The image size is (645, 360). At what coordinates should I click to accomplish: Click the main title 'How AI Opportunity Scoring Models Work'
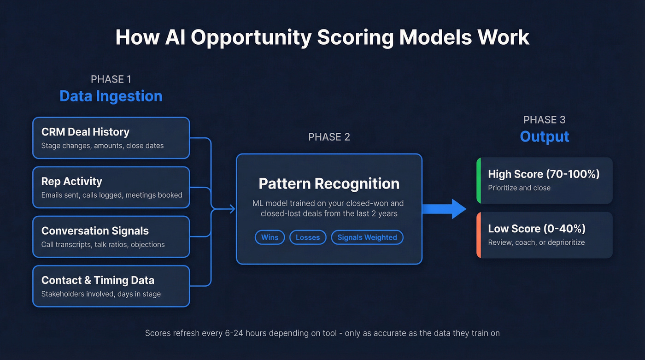click(322, 37)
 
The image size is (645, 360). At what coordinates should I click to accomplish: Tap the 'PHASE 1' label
click(111, 79)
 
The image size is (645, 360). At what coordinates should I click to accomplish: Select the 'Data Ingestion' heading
click(111, 96)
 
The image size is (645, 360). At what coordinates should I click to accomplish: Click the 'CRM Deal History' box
click(111, 138)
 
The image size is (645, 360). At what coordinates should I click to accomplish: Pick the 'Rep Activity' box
click(111, 188)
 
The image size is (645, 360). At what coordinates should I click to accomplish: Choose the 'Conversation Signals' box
click(111, 236)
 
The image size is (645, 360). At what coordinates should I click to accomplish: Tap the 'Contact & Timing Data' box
click(111, 286)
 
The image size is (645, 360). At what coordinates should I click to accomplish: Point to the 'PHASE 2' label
click(329, 137)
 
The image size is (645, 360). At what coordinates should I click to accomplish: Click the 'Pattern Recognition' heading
click(329, 183)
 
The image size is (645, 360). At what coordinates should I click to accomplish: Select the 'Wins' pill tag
click(270, 237)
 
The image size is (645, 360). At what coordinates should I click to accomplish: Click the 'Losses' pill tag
click(308, 237)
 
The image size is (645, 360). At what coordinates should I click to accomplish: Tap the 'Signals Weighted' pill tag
click(367, 237)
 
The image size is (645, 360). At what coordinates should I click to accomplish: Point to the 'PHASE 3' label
click(545, 120)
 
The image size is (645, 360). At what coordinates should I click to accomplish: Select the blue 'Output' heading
click(545, 136)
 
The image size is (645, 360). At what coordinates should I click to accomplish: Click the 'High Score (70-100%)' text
click(544, 174)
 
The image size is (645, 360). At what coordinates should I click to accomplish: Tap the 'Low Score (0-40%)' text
click(537, 229)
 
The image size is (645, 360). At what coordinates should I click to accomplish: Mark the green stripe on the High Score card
click(479, 181)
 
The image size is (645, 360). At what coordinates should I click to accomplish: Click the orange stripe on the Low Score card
click(479, 235)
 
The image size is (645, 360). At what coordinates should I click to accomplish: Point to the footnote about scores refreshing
click(322, 333)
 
